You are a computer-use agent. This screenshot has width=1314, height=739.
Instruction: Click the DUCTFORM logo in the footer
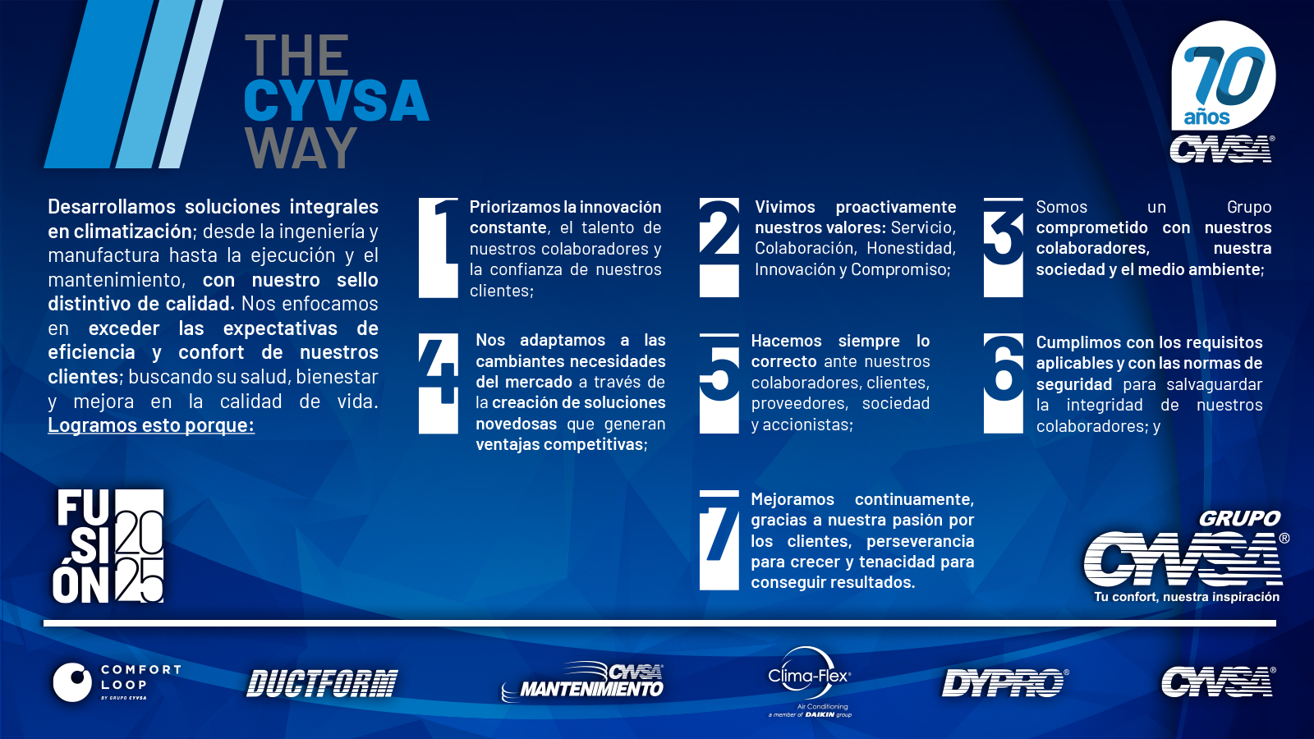point(322,683)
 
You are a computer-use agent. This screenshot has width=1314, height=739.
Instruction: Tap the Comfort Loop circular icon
point(73,682)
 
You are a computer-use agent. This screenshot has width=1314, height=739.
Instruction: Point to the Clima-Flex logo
point(810,682)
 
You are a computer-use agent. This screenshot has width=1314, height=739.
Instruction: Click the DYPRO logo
point(1005,682)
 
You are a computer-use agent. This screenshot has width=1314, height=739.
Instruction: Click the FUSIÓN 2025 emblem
point(108,546)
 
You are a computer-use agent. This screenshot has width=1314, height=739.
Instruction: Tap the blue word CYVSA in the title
point(337,100)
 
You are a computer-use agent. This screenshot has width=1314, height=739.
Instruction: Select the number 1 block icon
point(439,248)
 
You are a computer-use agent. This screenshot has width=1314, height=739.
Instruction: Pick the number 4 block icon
point(439,383)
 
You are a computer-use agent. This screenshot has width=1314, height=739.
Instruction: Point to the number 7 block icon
point(719,540)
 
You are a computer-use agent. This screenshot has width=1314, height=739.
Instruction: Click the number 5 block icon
point(719,383)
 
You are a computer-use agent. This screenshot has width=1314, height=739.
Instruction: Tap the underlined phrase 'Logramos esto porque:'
point(151,425)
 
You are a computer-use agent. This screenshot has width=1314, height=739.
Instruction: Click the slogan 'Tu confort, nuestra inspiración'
point(1187,597)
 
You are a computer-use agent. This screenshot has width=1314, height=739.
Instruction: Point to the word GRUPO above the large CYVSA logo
point(1239,518)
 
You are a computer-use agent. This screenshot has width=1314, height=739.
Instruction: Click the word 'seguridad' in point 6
point(1074,384)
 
